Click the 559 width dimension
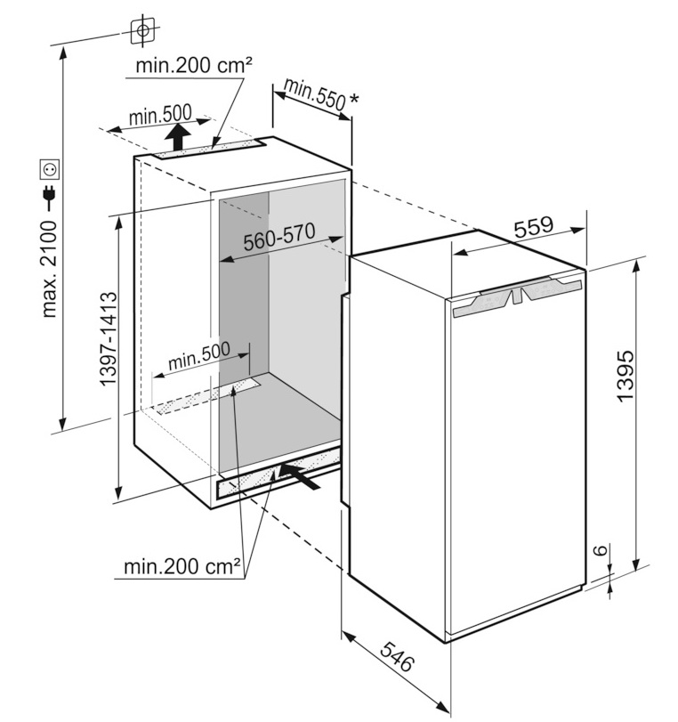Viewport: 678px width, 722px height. (534, 227)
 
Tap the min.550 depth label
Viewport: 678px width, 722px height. (314, 93)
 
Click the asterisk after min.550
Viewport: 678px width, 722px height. (354, 99)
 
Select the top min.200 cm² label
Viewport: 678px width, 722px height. (193, 66)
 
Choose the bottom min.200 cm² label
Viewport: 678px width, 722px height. (182, 565)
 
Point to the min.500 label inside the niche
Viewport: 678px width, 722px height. (198, 360)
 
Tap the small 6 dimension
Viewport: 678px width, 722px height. (601, 551)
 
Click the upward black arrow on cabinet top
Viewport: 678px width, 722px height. (179, 137)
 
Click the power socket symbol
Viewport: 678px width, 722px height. (48, 167)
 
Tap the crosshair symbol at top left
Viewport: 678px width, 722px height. (141, 30)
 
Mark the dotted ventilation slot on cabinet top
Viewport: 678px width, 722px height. (214, 149)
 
